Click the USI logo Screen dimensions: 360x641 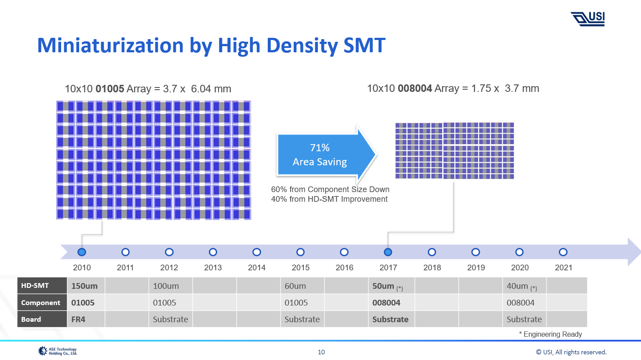[588, 19]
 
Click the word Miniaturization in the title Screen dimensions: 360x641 [110, 46]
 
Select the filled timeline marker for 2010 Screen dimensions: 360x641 [82, 252]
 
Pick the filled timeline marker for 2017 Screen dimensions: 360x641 [388, 252]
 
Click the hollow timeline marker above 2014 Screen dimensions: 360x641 [257, 252]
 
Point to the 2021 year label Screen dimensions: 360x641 [563, 267]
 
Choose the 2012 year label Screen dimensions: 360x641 [169, 267]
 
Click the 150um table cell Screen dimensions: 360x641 [84, 286]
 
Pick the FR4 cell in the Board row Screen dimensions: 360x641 [78, 319]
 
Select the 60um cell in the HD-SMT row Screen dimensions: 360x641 [295, 286]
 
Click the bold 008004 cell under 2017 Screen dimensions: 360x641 [386, 302]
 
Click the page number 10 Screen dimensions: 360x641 [321, 352]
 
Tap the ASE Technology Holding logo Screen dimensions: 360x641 [58, 351]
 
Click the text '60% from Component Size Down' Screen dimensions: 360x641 [330, 189]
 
